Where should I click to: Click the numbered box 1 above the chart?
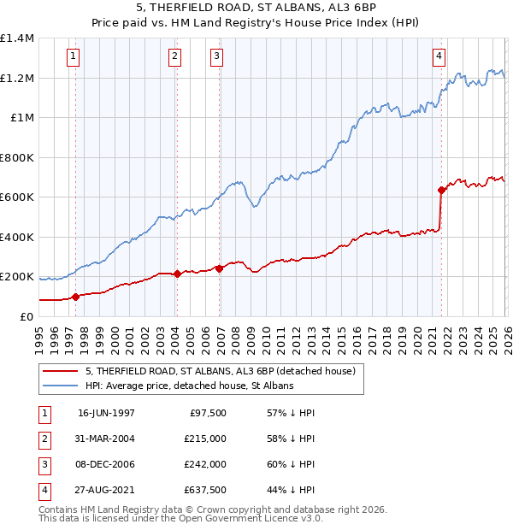tap(74, 57)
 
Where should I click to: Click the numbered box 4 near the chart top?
tap(439, 57)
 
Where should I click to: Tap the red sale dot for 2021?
tap(442, 190)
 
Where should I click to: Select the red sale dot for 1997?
tap(75, 297)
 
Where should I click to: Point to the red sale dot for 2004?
tap(177, 274)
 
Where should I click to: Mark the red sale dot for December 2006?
tap(219, 268)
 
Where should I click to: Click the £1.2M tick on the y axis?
tap(17, 78)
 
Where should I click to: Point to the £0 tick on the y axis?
tap(26, 316)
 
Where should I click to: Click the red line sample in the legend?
tap(62, 371)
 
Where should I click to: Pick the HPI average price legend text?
tap(189, 386)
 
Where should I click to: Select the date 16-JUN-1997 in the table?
tap(106, 413)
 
